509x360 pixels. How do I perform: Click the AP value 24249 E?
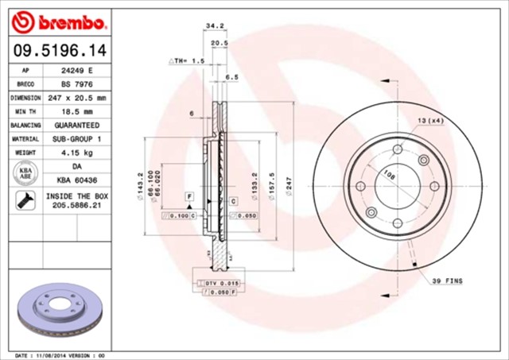tap(76, 71)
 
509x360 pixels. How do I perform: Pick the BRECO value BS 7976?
tap(76, 84)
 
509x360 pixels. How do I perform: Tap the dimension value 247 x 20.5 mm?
tap(76, 98)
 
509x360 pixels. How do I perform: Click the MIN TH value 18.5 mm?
tap(76, 111)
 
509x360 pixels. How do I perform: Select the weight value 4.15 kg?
tap(76, 152)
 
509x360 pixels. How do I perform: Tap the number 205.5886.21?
tap(76, 204)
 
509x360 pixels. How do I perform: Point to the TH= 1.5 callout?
tap(187, 60)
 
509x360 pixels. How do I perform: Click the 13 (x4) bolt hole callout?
tap(430, 121)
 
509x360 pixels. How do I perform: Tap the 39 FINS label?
tap(446, 281)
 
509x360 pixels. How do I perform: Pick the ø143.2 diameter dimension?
tap(140, 184)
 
